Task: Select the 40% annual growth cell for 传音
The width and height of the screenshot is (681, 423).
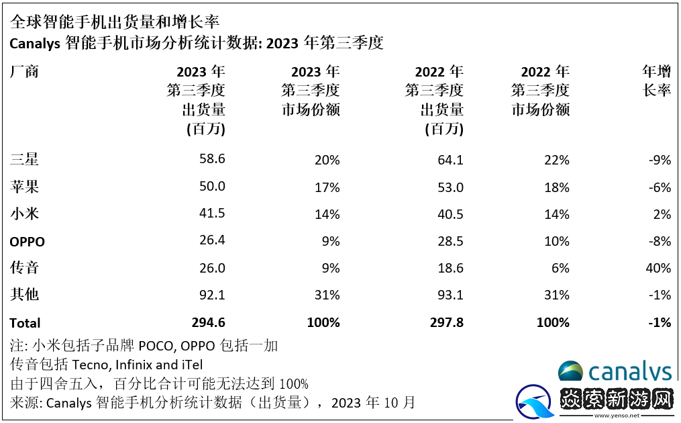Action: [x=656, y=268]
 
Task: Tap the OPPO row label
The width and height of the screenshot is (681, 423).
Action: [x=28, y=241]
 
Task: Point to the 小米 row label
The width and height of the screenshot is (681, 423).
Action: [x=25, y=214]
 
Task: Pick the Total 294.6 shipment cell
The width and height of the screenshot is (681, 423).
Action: [x=207, y=322]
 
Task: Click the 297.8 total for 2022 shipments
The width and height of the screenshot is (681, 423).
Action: [x=445, y=322]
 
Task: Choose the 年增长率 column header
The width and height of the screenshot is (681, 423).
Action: [x=656, y=81]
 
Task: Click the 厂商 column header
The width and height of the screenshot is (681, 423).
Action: [x=25, y=72]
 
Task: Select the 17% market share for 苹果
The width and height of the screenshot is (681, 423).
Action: [x=327, y=187]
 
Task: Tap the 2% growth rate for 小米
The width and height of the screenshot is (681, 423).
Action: [x=662, y=214]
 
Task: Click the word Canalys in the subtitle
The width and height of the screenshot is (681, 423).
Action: [x=35, y=44]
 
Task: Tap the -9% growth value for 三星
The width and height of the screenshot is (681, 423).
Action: [x=659, y=160]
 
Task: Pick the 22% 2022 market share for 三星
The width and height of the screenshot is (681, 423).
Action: [x=557, y=160]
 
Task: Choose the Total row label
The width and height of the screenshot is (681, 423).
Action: [x=25, y=322]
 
